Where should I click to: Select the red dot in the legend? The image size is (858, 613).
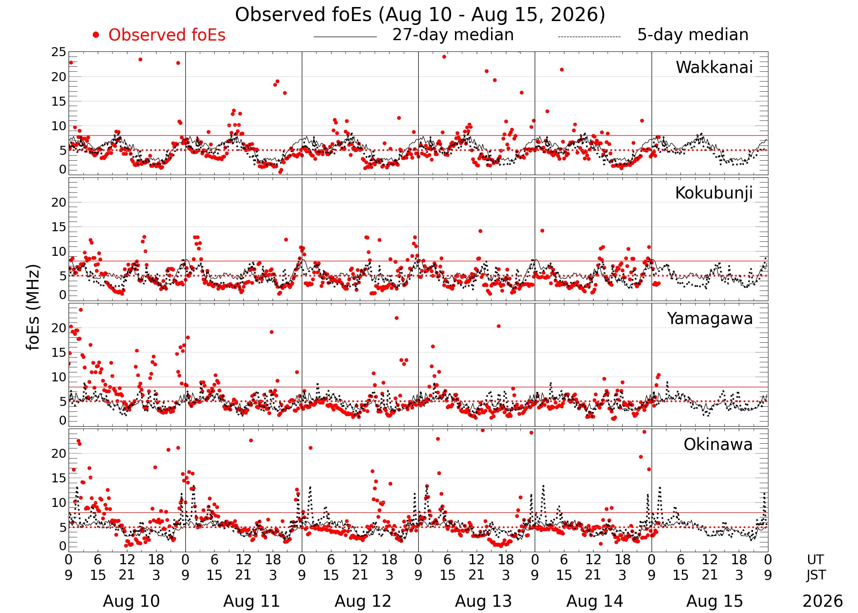click(96, 35)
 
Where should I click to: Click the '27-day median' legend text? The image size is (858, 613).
click(453, 35)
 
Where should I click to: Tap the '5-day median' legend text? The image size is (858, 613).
click(693, 35)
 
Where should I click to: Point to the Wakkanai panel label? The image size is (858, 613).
click(714, 67)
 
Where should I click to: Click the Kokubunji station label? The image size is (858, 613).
click(714, 193)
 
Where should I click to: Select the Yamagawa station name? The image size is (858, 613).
click(710, 319)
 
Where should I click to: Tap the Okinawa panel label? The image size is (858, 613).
click(718, 445)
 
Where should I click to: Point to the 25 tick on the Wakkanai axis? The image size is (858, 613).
click(59, 52)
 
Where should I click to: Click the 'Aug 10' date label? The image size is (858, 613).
click(131, 601)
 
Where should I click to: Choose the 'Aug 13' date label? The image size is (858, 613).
click(483, 601)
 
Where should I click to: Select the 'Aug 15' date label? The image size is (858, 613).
click(715, 601)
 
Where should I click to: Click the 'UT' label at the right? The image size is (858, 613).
click(815, 560)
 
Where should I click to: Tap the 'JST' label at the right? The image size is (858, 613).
click(816, 575)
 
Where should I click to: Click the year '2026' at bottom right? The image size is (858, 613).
click(823, 601)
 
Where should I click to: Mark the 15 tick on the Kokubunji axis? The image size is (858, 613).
click(59, 227)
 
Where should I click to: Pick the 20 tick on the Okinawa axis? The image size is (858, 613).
click(59, 454)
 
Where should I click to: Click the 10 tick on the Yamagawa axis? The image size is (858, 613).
click(59, 377)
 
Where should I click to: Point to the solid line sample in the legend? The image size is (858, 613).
click(345, 37)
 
